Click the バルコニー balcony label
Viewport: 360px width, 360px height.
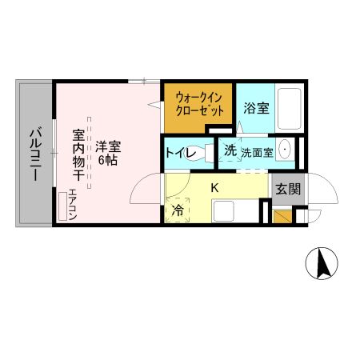(35, 154)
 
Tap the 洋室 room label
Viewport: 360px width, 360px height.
(108, 146)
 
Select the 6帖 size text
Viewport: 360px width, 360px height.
(108, 160)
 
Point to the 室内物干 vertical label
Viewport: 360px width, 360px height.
(78, 155)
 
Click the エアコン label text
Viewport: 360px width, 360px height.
(73, 204)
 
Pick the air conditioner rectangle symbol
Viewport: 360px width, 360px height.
(62, 206)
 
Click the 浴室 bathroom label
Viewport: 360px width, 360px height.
(256, 108)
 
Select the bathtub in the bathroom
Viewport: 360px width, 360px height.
(290, 109)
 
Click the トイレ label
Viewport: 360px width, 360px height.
(181, 153)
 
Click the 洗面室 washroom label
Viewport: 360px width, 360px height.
(258, 153)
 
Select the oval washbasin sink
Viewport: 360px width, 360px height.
(285, 149)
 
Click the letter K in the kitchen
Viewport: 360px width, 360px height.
(214, 188)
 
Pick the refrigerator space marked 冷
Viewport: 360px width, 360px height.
(178, 210)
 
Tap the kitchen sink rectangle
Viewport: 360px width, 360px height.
(224, 211)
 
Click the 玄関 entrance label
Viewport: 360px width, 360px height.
(288, 189)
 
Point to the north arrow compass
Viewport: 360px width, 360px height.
(322, 263)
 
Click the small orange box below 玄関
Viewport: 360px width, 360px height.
(282, 217)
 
